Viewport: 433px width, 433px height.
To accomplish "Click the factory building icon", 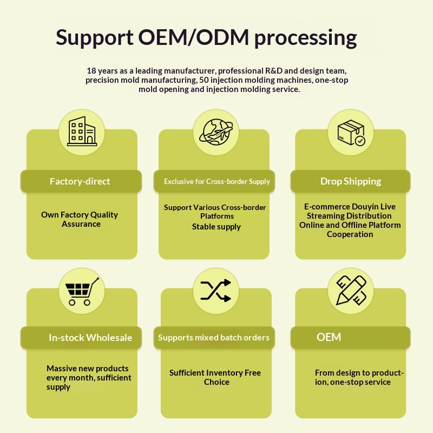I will click(x=81, y=132).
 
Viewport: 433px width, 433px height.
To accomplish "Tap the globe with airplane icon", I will click(x=216, y=132).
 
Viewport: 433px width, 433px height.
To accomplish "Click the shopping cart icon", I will click(x=81, y=291).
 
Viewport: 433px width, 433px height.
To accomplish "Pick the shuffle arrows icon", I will click(x=216, y=291).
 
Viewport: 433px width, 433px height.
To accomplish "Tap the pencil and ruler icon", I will click(x=351, y=291).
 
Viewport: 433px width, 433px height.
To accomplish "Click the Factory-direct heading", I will click(x=80, y=181).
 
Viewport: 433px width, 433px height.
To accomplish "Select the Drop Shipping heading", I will click(x=351, y=181).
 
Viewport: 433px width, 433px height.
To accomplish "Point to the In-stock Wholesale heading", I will click(x=90, y=338).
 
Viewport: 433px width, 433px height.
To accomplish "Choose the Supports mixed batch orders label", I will click(x=213, y=338).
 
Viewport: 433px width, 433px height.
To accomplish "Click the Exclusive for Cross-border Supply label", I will click(x=216, y=182).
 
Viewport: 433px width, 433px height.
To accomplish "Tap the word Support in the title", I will click(x=95, y=38).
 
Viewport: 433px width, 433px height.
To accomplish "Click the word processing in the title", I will click(x=306, y=38).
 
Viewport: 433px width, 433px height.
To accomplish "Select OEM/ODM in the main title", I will click(x=193, y=38).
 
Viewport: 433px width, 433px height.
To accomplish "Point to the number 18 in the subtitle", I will click(x=91, y=71).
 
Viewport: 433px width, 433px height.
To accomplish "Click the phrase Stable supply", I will click(x=216, y=227).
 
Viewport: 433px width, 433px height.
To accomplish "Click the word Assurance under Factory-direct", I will click(x=81, y=224).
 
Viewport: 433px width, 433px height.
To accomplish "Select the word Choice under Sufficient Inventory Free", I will click(x=216, y=382).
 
